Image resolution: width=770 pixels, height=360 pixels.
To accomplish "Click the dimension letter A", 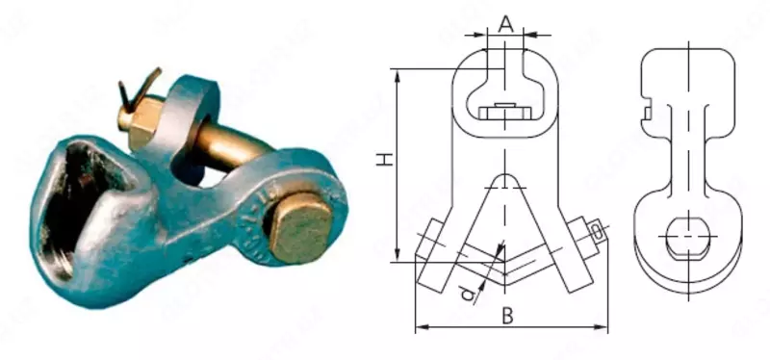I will tap(506, 20).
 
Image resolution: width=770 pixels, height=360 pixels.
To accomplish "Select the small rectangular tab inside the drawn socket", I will tap(506, 108).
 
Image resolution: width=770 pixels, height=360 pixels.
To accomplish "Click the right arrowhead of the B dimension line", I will tap(603, 328).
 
